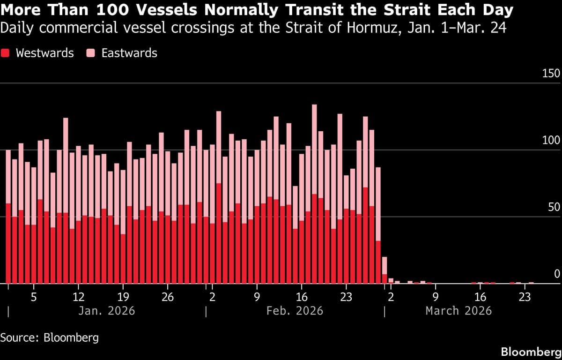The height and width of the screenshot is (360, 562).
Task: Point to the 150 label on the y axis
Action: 551,74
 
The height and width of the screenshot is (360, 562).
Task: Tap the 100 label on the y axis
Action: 551,141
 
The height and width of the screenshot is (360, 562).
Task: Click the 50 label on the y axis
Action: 553,208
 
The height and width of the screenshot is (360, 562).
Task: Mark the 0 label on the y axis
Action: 557,274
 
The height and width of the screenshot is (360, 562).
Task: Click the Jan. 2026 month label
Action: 106,311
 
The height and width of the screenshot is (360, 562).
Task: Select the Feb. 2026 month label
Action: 295,311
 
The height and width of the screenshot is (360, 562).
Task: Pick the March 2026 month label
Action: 458,311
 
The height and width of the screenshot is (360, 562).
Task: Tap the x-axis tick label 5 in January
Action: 34,297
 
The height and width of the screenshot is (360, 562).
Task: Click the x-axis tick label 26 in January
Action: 168,297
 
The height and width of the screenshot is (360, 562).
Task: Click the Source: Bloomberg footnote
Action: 50,337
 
